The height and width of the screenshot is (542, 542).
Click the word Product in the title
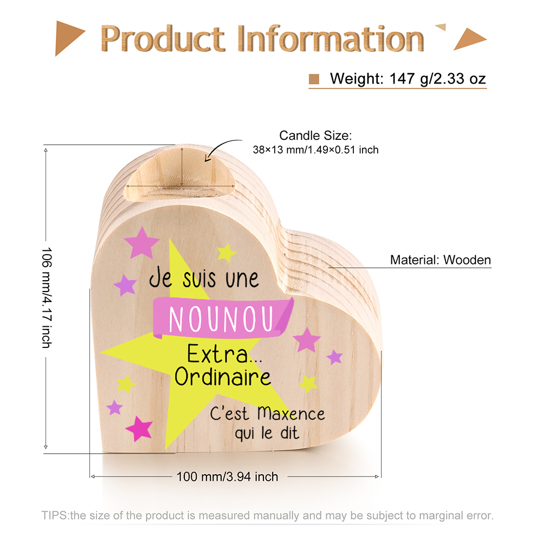coord(163,38)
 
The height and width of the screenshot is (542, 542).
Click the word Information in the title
coord(331,38)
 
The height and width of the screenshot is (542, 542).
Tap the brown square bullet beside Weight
coord(314,79)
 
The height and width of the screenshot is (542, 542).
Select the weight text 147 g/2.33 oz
coord(437,79)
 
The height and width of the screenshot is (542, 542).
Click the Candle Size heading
coord(315,135)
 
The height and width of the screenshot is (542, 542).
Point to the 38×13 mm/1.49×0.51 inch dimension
coord(315,150)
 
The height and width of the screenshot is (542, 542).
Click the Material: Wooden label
coord(440,260)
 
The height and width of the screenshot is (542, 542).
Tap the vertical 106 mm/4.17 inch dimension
coord(47,298)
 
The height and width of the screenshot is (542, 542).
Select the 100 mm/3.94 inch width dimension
coord(227,476)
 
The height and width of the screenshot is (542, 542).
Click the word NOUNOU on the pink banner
coord(221,319)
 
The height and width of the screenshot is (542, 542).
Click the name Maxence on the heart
coord(291,413)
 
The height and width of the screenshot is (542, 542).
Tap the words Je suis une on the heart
coord(204,278)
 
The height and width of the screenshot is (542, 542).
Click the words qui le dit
coord(267,433)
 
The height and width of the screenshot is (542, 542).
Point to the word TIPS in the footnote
coord(55,515)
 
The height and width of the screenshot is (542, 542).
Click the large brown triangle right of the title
coord(470,38)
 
